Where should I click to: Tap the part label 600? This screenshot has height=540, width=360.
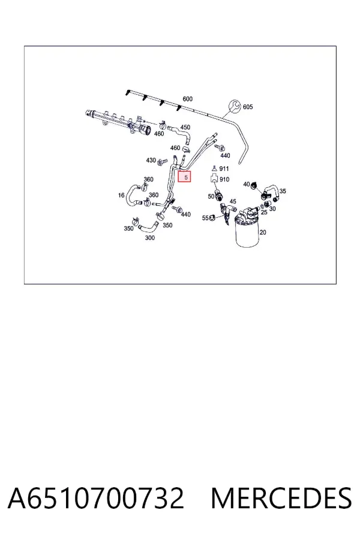tap(187, 99)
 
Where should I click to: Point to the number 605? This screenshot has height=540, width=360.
tap(248, 107)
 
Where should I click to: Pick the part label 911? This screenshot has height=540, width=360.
tap(224, 169)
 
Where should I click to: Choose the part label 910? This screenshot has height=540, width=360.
tap(224, 179)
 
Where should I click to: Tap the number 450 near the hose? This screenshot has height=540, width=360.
tap(185, 127)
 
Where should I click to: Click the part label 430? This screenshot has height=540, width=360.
tap(151, 160)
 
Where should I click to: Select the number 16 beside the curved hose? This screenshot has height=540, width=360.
tap(121, 195)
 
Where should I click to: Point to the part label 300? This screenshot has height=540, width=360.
tap(150, 238)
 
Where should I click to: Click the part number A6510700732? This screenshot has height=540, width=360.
tap(96, 498)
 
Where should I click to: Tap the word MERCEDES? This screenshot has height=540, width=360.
tap(281, 498)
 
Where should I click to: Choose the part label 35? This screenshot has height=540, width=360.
tap(283, 191)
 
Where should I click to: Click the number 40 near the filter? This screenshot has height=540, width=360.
tap(247, 184)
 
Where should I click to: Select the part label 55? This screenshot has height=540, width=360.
tap(205, 218)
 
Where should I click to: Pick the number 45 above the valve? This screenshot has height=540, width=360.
tap(233, 202)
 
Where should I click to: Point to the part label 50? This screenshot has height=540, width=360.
tap(211, 196)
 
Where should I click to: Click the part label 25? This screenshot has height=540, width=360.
tap(264, 212)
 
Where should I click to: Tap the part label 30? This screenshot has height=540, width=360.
tap(272, 209)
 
